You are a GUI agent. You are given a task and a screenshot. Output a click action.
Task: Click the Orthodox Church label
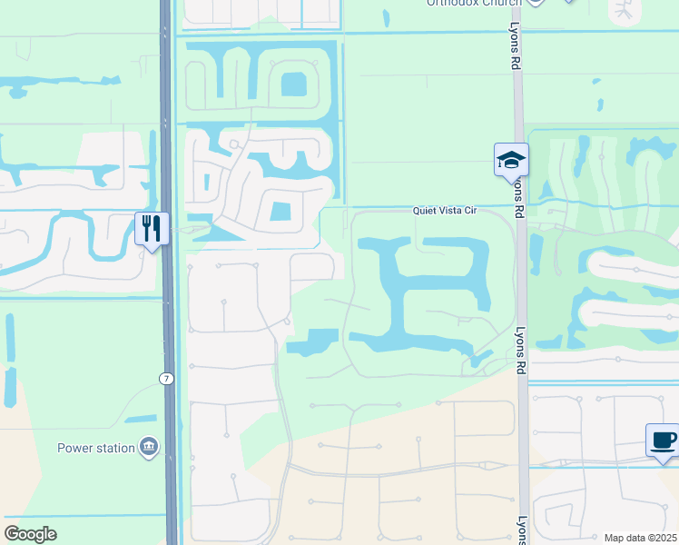[472, 3]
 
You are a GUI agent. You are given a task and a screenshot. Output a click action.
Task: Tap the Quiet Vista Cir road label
[445, 210]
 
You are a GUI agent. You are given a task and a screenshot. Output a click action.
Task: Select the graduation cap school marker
[511, 160]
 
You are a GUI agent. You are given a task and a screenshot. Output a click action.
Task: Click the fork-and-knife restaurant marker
[152, 228]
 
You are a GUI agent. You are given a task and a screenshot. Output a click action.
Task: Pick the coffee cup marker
[663, 441]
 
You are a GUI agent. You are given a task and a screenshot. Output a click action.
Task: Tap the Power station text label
[94, 448]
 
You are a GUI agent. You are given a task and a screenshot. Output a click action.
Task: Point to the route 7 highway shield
[167, 378]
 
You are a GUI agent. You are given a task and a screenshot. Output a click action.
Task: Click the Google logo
[29, 534]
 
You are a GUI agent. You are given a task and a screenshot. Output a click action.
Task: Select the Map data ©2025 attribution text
[639, 538]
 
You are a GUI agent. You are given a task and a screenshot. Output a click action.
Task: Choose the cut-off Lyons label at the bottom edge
[522, 531]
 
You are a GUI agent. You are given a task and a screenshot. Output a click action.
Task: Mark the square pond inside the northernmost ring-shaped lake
[293, 84]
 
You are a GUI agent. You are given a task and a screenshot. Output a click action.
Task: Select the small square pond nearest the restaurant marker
[280, 213]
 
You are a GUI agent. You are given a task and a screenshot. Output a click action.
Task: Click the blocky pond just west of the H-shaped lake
[313, 342]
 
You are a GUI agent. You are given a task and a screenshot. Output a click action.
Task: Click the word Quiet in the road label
[426, 210]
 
